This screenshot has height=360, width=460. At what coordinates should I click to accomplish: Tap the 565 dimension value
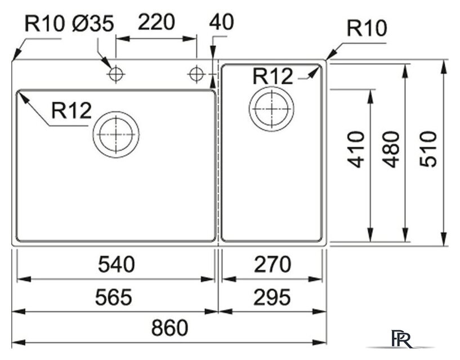(x=116, y=296)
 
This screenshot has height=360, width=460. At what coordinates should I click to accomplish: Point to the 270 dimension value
(x=273, y=264)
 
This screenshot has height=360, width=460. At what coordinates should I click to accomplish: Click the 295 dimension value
(x=273, y=296)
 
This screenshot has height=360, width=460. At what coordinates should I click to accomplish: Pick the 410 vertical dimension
(x=356, y=149)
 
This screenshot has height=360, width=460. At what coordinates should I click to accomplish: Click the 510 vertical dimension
(x=429, y=149)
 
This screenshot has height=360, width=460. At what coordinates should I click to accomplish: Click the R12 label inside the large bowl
(x=71, y=110)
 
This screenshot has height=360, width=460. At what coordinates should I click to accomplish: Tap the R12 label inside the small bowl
(x=273, y=76)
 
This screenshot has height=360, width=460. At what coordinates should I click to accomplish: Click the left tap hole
(x=116, y=74)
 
